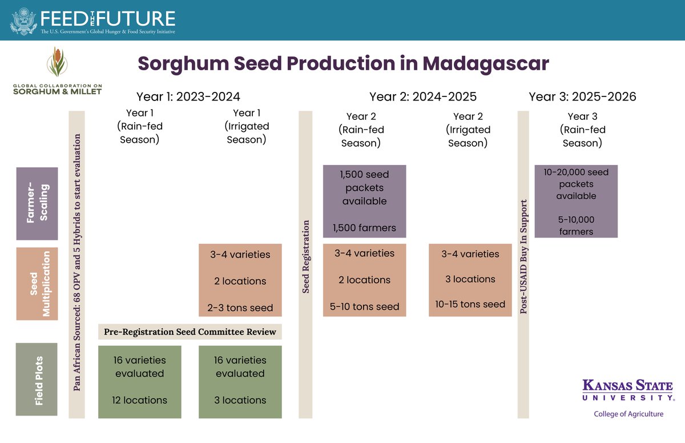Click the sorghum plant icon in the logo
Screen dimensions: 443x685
57,63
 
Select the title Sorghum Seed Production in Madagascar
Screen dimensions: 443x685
343,63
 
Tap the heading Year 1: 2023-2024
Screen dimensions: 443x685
188,96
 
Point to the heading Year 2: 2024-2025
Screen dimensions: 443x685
422,96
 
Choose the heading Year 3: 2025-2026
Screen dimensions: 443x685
582,96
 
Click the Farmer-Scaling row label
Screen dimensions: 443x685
37,203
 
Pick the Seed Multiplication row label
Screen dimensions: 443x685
37,283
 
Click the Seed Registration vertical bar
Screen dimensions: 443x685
306,257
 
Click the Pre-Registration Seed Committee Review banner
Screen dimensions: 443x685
190,332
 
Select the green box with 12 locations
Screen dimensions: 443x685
140,381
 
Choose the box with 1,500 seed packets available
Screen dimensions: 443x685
364,200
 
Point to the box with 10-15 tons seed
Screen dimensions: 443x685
470,280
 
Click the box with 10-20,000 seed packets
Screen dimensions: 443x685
577,201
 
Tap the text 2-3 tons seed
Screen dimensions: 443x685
240,308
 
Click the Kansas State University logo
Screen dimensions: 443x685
628,390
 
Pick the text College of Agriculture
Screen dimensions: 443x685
628,414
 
